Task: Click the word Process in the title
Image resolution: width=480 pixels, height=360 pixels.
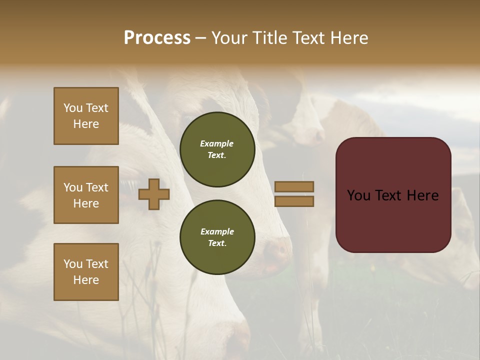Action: [x=157, y=37]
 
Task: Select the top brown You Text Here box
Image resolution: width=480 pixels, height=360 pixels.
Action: [x=86, y=116]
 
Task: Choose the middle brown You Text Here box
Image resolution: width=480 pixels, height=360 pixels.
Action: [x=86, y=195]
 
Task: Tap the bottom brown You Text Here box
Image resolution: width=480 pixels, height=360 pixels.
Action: [x=86, y=272]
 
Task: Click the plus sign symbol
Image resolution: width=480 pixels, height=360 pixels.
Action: [x=154, y=194]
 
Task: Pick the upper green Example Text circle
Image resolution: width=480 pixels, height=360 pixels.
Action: [x=217, y=149]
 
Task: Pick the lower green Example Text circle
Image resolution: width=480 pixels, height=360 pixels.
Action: [x=217, y=237]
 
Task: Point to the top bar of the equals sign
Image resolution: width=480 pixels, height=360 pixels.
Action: [x=294, y=186]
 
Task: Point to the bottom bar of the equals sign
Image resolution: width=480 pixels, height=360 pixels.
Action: [x=294, y=201]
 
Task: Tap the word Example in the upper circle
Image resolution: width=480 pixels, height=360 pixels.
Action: [x=217, y=143]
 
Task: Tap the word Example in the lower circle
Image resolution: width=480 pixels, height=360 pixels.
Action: [x=217, y=231]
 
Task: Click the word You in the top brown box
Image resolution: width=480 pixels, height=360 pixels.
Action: [x=73, y=108]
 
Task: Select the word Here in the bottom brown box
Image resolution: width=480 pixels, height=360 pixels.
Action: [x=86, y=280]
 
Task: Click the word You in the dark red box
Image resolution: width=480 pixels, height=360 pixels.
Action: [x=359, y=195]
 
